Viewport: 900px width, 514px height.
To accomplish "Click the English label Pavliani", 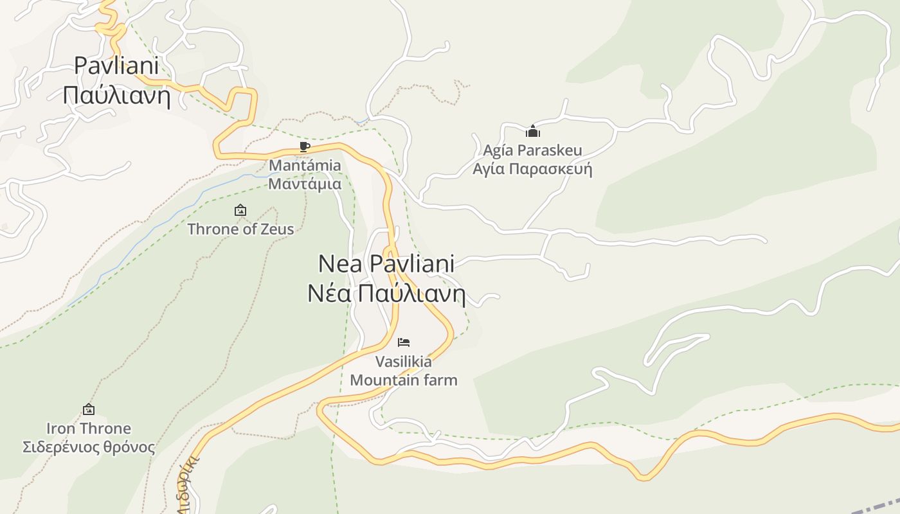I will click(116, 66).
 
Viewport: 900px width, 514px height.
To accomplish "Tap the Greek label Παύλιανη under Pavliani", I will click(116, 96).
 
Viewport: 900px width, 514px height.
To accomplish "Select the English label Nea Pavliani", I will click(386, 263).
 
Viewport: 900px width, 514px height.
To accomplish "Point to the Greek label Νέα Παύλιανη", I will click(386, 294).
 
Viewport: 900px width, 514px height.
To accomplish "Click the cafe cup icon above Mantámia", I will click(305, 147).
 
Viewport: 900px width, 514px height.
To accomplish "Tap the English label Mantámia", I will click(305, 165).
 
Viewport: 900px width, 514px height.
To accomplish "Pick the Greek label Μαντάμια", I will click(305, 184).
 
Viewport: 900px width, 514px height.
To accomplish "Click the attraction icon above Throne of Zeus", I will click(240, 210).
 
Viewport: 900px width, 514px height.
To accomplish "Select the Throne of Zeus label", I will click(240, 229).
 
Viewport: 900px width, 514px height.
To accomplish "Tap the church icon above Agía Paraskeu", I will click(533, 132).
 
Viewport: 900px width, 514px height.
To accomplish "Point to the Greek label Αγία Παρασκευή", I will click(532, 169).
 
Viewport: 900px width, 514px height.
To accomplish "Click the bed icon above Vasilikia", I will click(404, 342).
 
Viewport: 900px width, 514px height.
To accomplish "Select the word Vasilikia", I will click(404, 361).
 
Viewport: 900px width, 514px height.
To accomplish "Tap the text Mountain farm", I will click(404, 380).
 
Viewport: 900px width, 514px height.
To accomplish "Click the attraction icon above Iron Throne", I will click(89, 409).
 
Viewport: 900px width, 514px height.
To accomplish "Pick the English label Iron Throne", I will click(89, 428).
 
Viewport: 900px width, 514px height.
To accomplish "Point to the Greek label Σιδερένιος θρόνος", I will click(89, 447).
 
